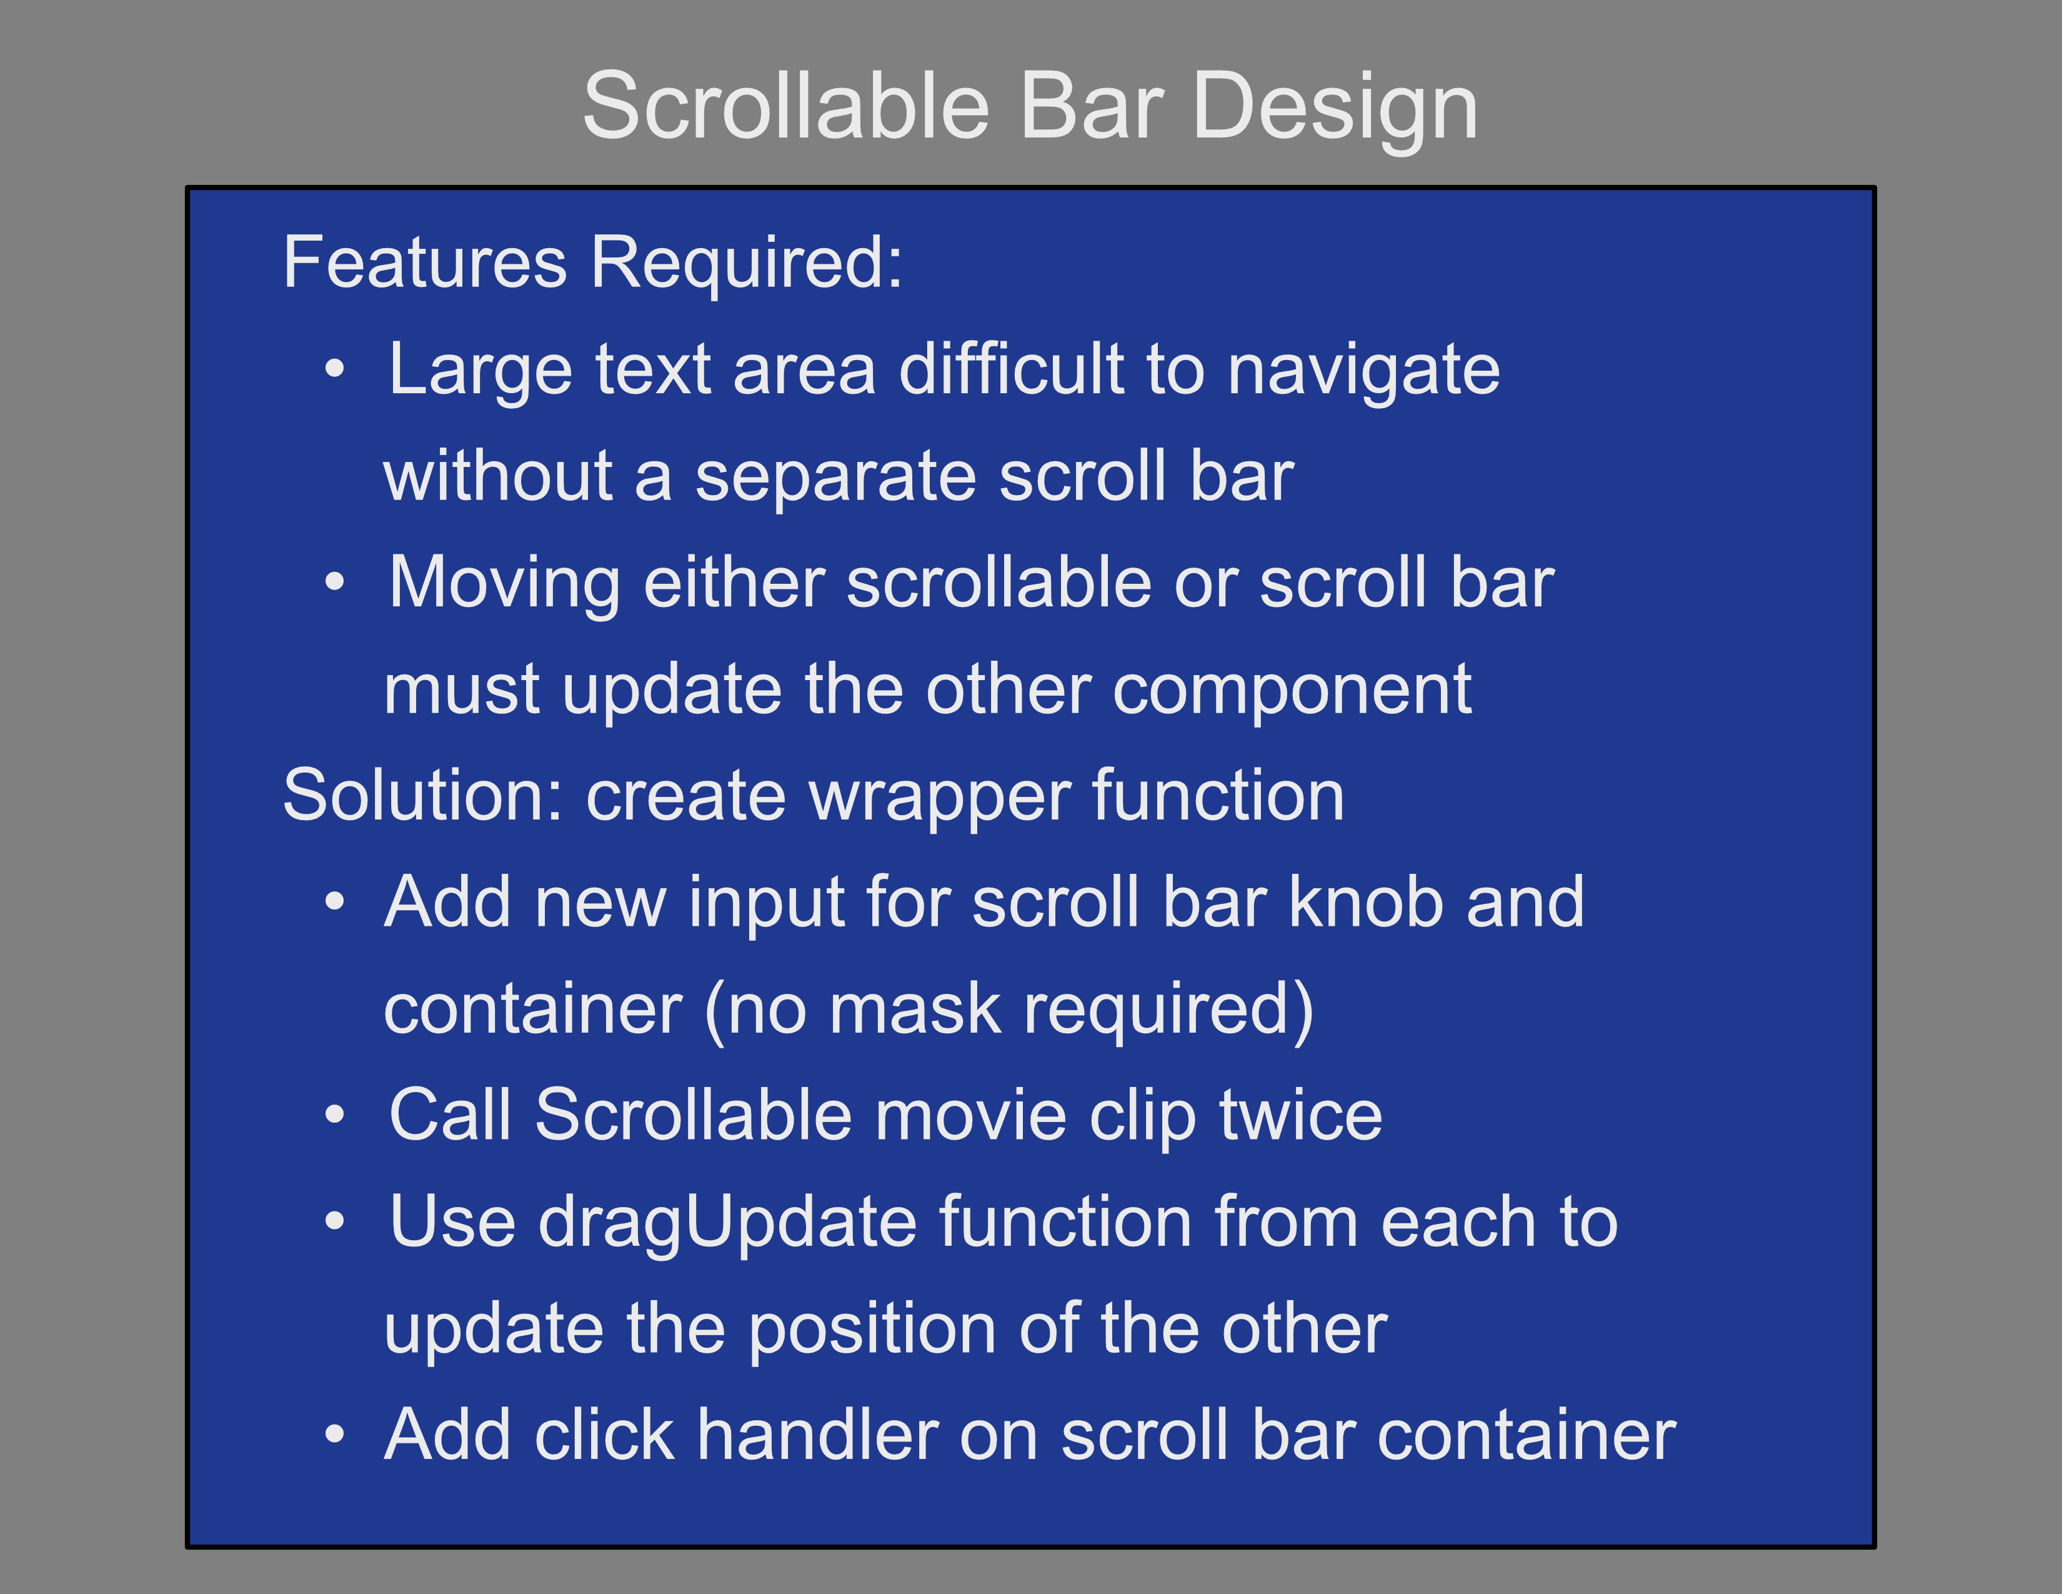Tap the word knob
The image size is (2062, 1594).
[x=1366, y=902]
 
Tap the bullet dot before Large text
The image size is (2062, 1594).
[x=334, y=369]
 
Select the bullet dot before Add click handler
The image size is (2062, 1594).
[x=334, y=1435]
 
